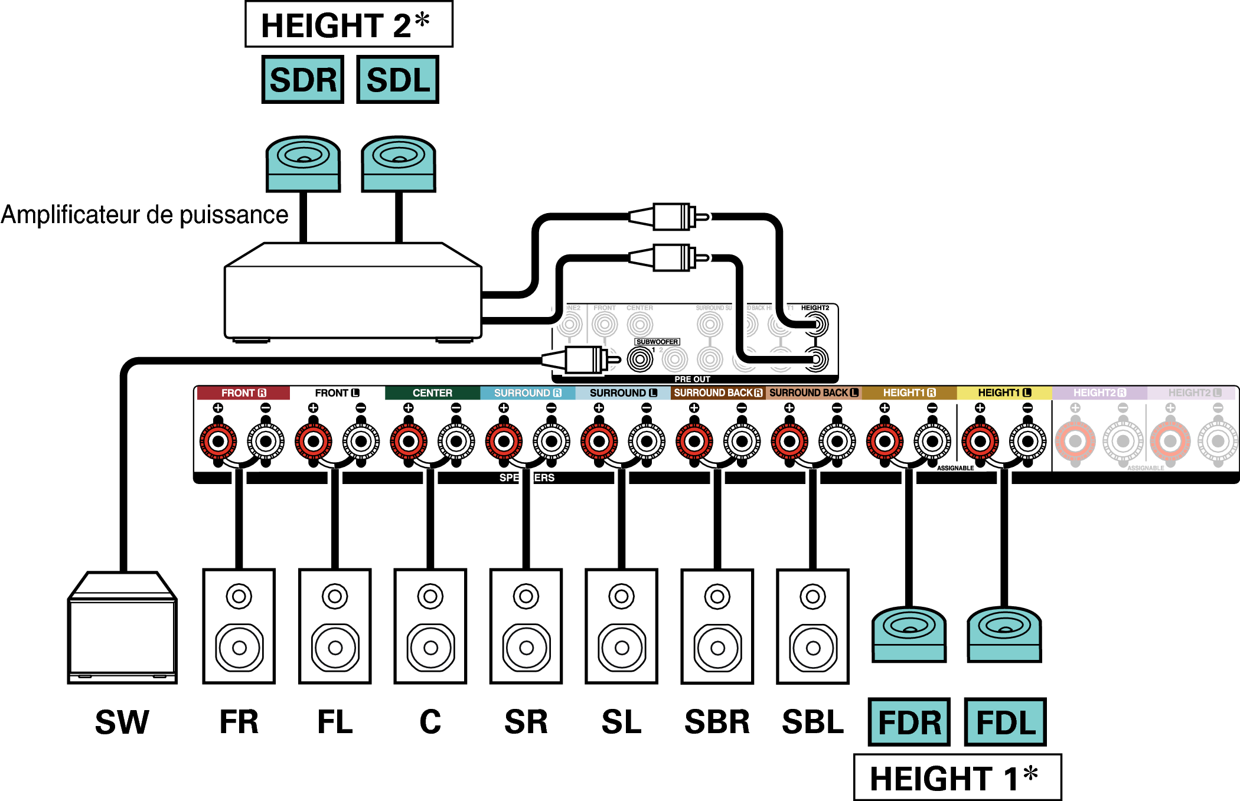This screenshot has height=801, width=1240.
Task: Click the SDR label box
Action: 302,80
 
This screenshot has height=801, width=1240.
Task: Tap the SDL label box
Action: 397,80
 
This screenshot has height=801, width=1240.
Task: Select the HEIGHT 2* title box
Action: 348,25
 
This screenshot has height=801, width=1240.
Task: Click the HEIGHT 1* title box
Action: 957,777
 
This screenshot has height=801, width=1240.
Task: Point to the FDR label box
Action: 909,722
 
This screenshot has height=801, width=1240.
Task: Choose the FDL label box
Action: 1005,722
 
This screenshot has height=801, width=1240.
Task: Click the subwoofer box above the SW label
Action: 122,629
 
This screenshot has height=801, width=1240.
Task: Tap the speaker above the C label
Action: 430,626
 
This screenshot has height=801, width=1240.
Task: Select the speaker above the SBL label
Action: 812,626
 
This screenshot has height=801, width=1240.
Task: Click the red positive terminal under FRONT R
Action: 218,441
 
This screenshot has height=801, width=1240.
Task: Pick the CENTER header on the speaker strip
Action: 432,393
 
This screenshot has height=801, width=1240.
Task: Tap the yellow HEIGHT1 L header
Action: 1004,393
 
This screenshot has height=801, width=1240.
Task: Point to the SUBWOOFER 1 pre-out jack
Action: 640,359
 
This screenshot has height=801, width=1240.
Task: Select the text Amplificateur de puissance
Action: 145,215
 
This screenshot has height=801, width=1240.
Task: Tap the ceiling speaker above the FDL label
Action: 1004,635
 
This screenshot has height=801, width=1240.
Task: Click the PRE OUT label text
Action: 692,379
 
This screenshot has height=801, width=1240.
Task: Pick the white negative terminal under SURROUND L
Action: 647,441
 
